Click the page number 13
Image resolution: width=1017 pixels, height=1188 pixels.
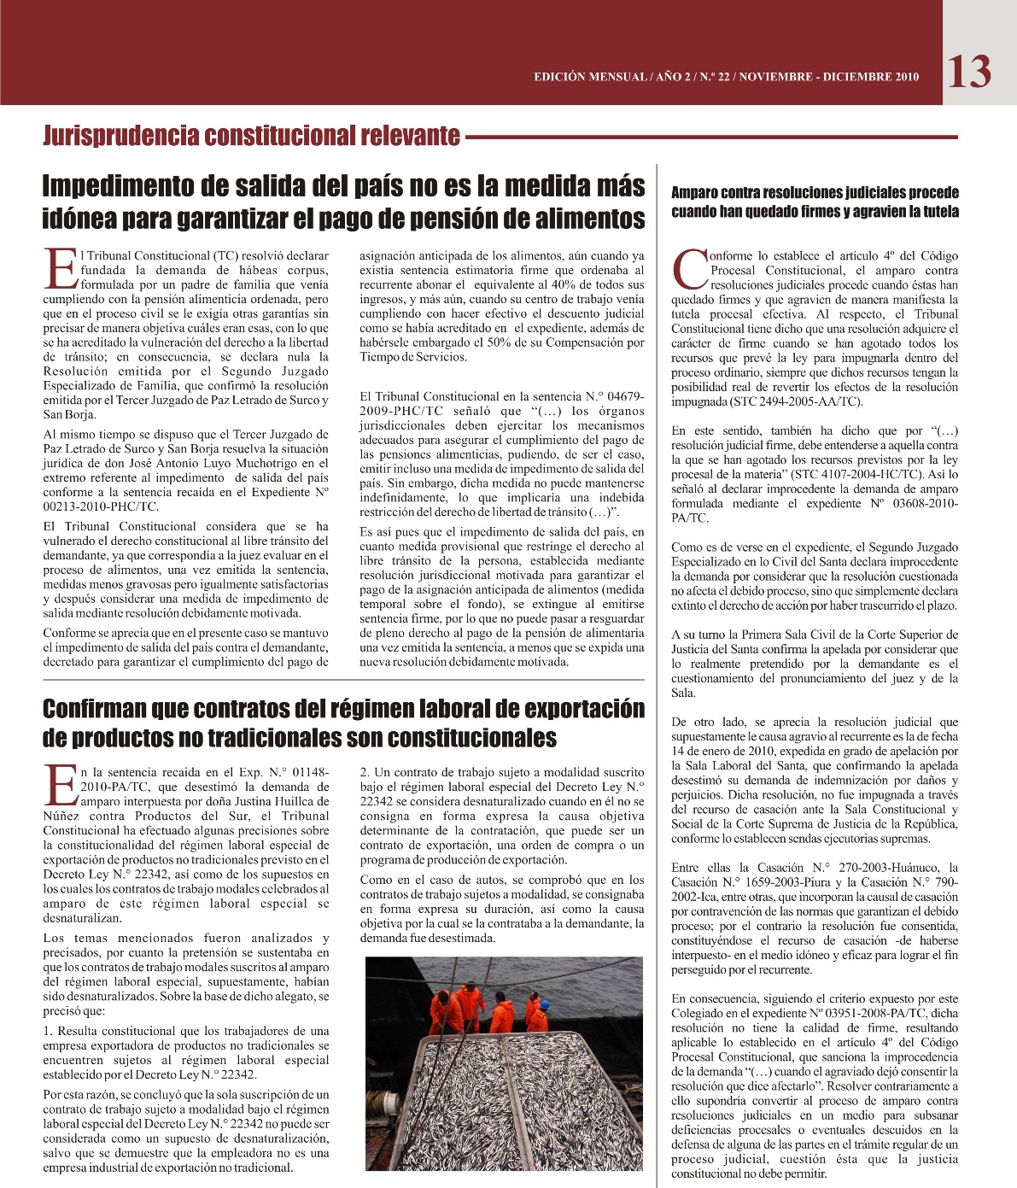coord(969,72)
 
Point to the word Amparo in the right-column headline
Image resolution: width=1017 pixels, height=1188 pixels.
coord(695,193)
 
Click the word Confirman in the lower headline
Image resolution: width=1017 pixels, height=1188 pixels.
coord(95,709)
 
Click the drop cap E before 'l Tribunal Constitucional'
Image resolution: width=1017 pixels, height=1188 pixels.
coord(60,268)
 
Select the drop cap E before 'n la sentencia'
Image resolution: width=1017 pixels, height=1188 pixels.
coord(60,784)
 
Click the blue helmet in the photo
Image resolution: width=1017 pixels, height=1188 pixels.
coord(544,1004)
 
